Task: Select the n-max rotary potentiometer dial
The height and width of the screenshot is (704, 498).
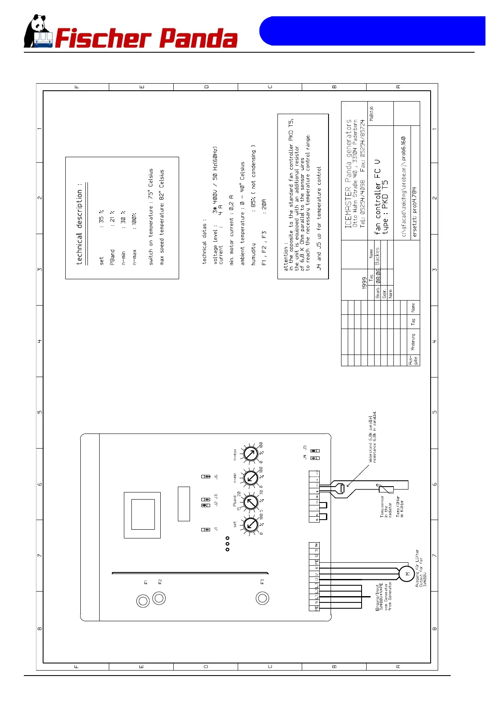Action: pos(251,454)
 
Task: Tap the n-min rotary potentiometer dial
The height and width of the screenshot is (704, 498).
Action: pos(251,477)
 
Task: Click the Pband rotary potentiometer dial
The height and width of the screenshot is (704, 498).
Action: pos(251,502)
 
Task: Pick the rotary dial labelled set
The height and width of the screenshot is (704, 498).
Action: pos(250,524)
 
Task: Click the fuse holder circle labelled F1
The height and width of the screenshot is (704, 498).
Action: pos(143,601)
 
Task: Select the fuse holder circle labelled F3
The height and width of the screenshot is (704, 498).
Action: pos(262,598)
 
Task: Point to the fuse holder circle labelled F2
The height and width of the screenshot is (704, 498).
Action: pos(159,598)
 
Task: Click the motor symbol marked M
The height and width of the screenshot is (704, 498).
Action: pos(407,574)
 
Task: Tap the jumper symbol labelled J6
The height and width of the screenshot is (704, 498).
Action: pos(206,477)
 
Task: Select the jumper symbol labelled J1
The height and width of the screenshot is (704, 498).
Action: pos(206,530)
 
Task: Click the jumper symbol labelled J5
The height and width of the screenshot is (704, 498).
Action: pos(315,451)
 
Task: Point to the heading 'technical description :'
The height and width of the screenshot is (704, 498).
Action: pos(80,224)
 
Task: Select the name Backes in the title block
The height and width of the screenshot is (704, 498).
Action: pos(377,256)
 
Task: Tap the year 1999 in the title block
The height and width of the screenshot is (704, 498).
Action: pos(364,283)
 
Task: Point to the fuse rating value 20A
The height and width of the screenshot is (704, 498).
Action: pos(264,204)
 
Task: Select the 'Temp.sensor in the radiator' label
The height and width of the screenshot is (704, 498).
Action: pos(386,507)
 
